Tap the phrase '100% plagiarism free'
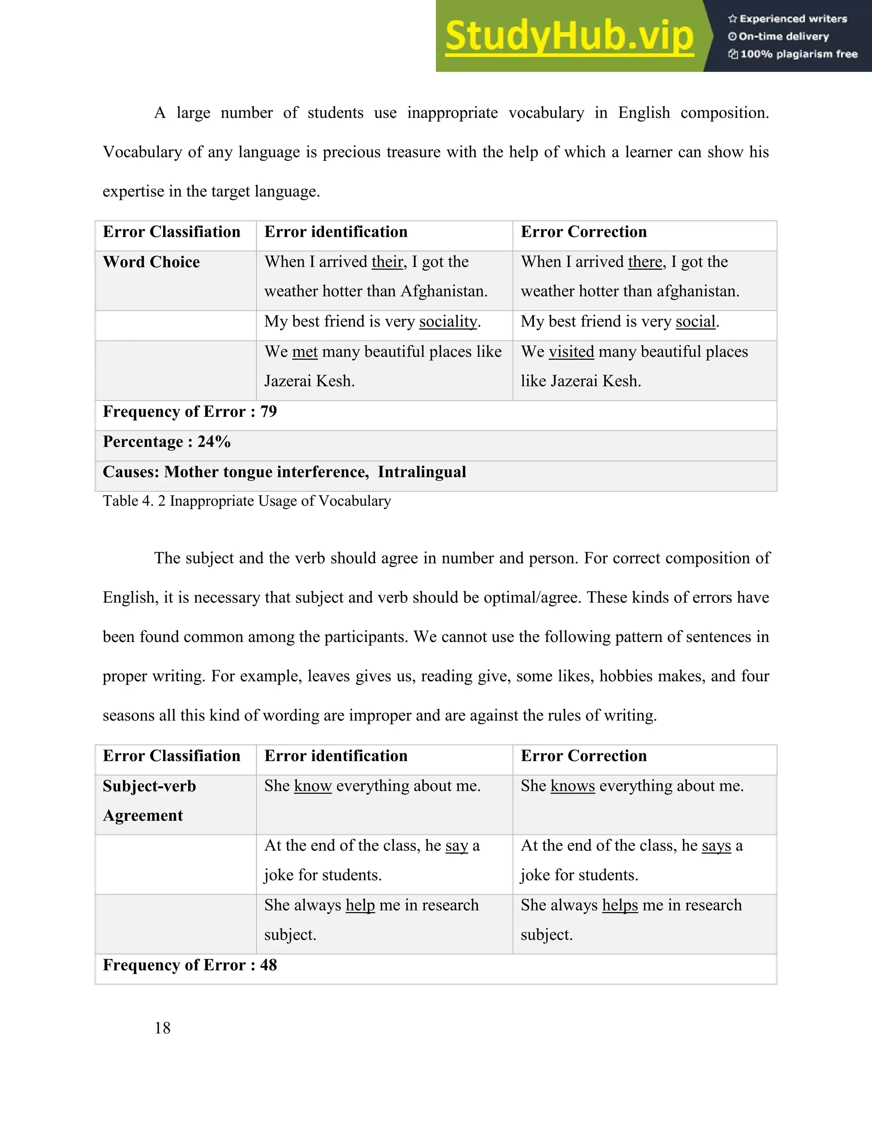[798, 54]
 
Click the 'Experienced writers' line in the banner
[793, 19]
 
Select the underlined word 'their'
[387, 262]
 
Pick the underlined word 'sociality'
[448, 321]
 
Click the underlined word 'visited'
[571, 352]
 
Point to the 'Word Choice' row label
[151, 262]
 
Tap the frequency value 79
[269, 412]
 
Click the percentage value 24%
[214, 441]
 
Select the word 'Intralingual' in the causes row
[422, 472]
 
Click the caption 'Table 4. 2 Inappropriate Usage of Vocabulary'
[247, 501]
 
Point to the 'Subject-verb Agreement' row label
[149, 800]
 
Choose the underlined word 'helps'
[620, 905]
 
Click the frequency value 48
[269, 965]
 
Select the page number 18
[162, 1028]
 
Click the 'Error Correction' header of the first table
[583, 232]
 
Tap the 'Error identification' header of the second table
[336, 756]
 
